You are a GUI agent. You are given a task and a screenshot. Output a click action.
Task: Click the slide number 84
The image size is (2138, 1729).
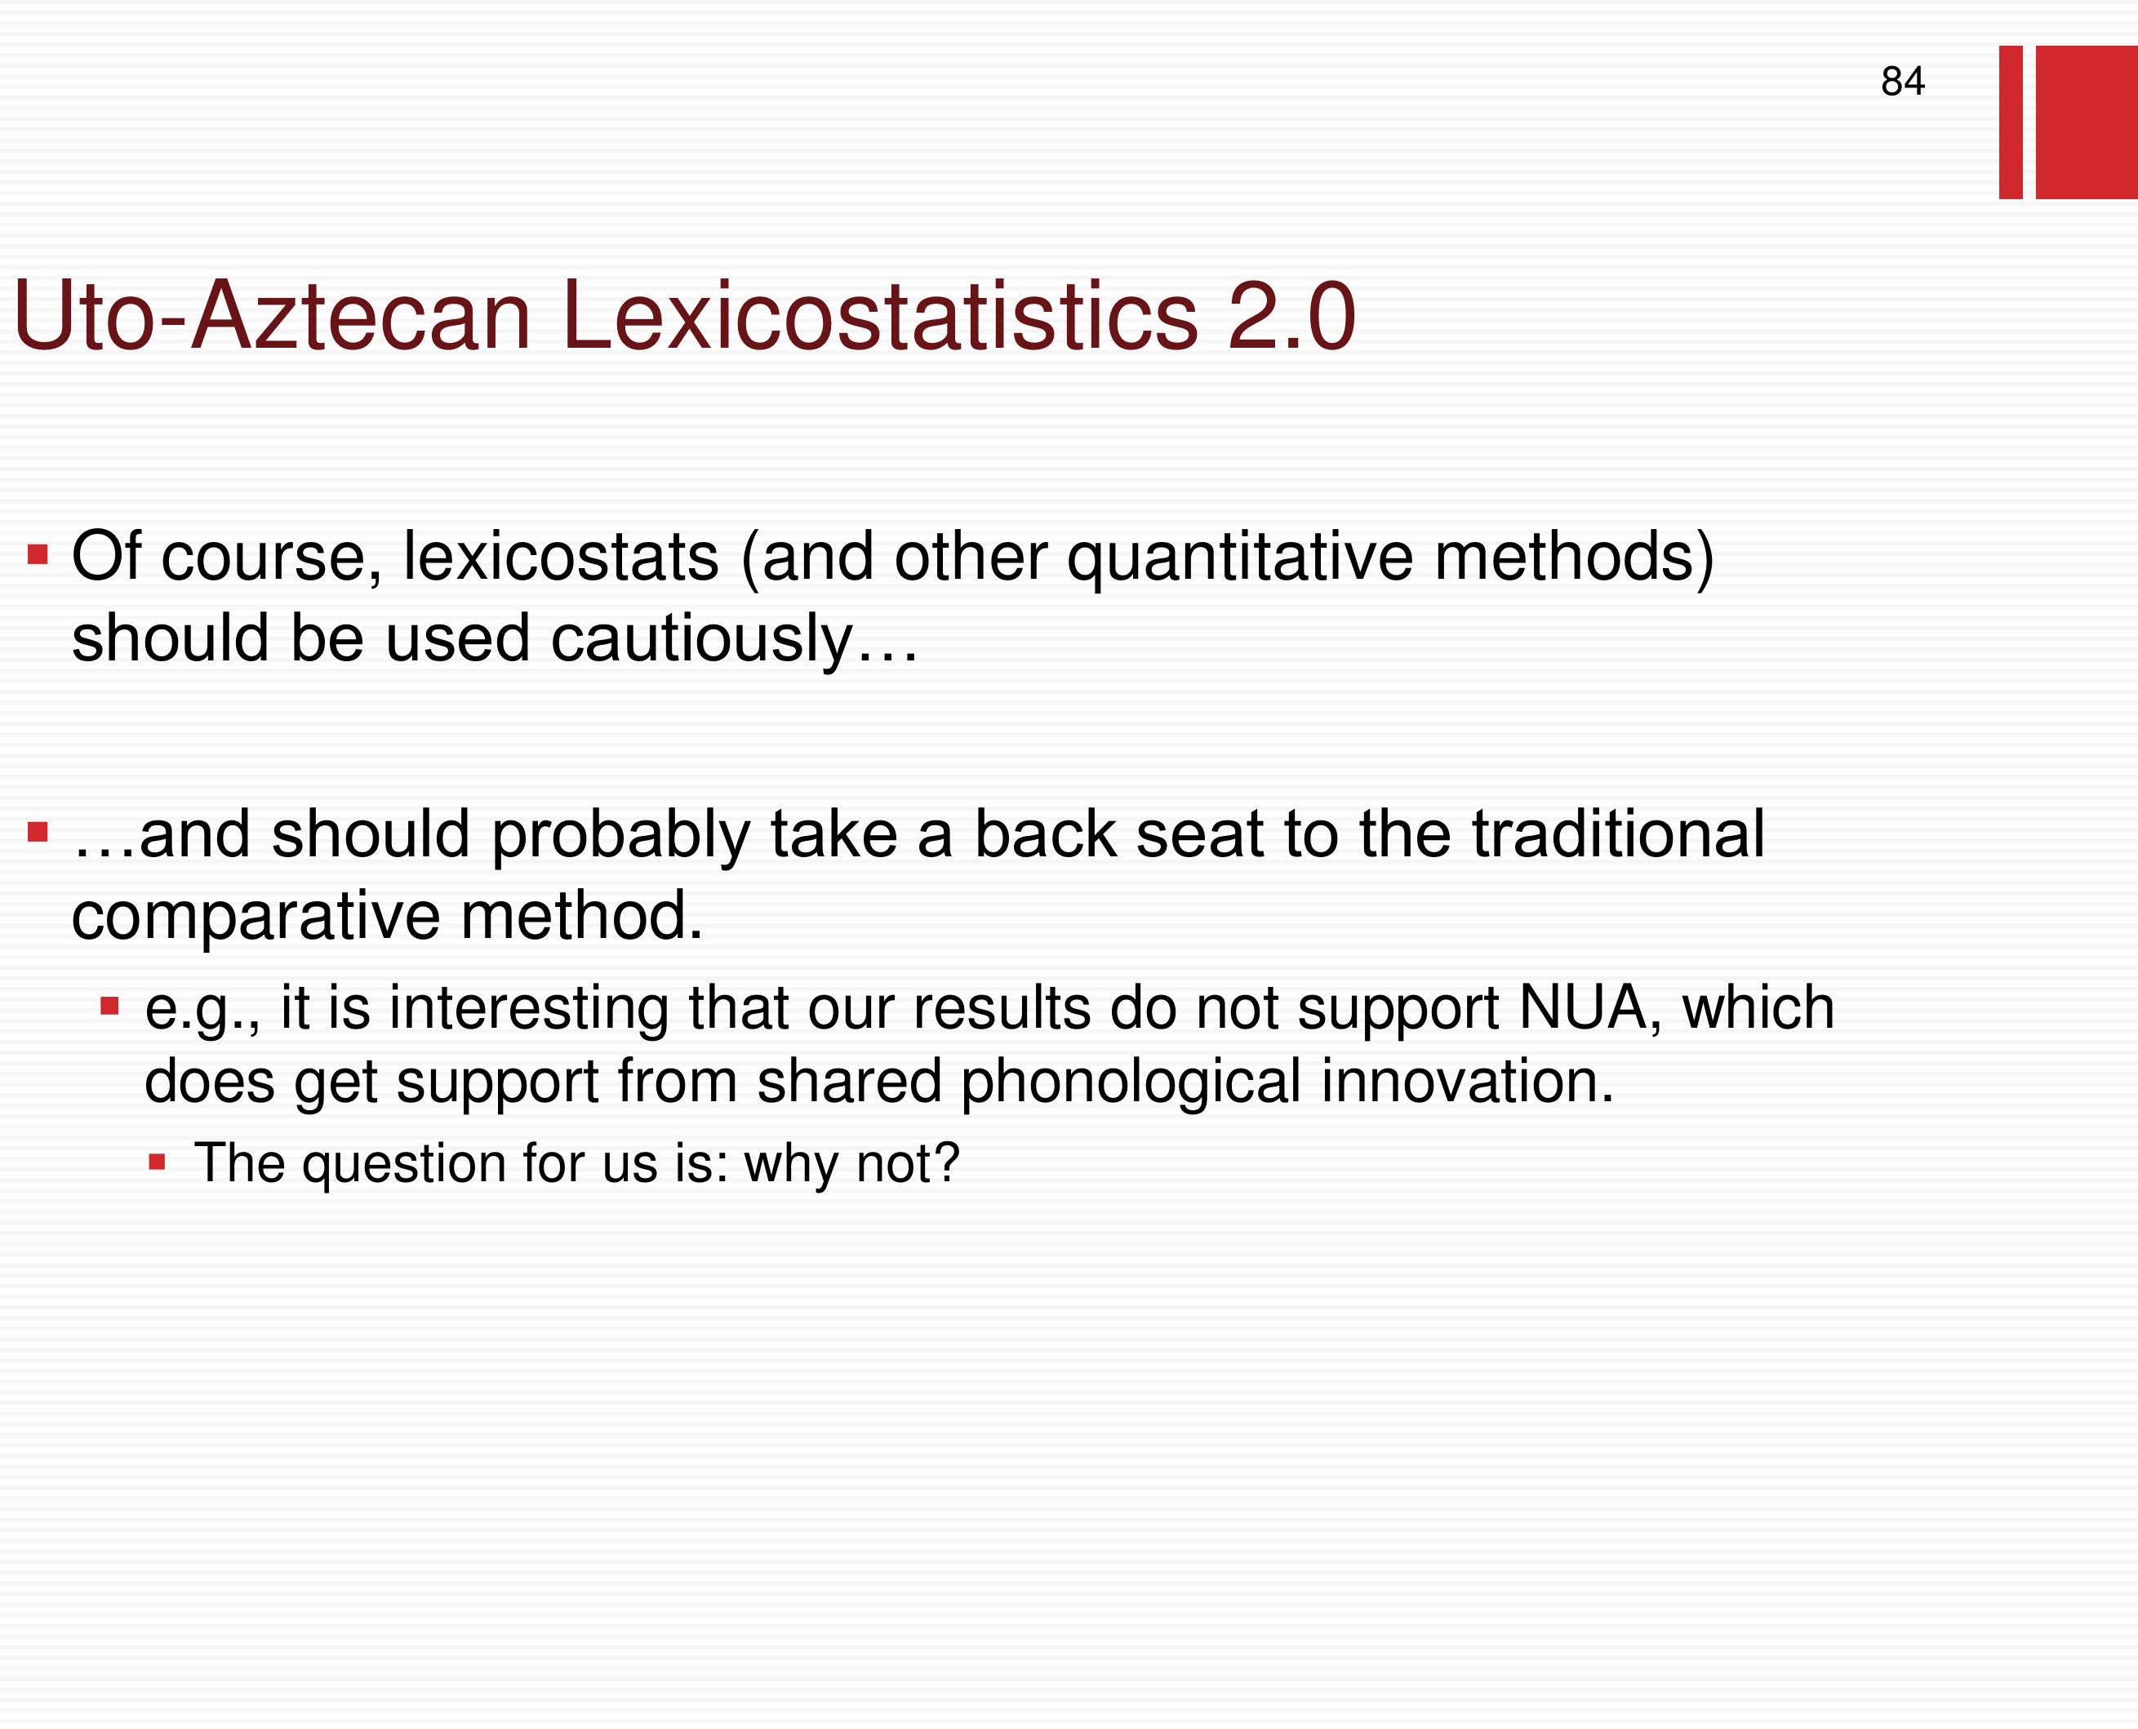pyautogui.click(x=1902, y=81)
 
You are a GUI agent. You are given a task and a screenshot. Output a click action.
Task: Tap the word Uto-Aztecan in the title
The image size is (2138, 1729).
pyautogui.click(x=273, y=316)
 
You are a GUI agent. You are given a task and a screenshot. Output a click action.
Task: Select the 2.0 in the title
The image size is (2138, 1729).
pyautogui.click(x=1291, y=316)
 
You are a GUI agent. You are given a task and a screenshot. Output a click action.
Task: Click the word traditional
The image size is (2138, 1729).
pyautogui.click(x=1618, y=833)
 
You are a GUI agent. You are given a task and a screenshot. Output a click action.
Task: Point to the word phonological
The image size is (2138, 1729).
pyautogui.click(x=1131, y=1082)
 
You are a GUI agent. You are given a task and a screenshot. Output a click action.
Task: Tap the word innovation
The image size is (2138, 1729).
pyautogui.click(x=1467, y=1082)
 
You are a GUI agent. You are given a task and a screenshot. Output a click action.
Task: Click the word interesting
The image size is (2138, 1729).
pyautogui.click(x=529, y=1009)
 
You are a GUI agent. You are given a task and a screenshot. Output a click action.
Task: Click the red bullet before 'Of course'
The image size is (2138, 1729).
pyautogui.click(x=38, y=553)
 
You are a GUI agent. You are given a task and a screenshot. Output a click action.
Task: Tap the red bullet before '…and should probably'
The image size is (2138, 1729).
pyautogui.click(x=38, y=832)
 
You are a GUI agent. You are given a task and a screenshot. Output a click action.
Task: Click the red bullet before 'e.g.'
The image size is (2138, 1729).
pyautogui.click(x=109, y=1007)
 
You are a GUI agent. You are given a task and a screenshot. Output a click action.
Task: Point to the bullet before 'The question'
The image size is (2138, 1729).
pyautogui.click(x=157, y=1162)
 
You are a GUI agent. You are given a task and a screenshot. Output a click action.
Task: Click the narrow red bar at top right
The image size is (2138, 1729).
pyautogui.click(x=2011, y=122)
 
